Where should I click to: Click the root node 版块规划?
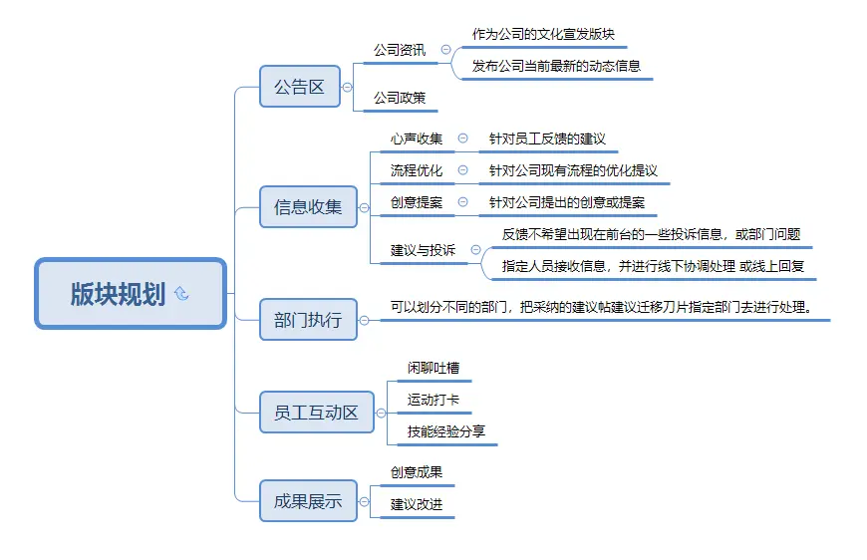pyautogui.click(x=118, y=294)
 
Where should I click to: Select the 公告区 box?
pyautogui.click(x=299, y=87)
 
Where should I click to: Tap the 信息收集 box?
pyautogui.click(x=308, y=207)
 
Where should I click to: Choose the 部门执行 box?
pyautogui.click(x=308, y=320)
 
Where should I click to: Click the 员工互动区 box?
pyautogui.click(x=315, y=412)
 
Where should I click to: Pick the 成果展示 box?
pyautogui.click(x=308, y=501)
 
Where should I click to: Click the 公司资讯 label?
pyautogui.click(x=400, y=49)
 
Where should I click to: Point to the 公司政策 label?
pyautogui.click(x=400, y=98)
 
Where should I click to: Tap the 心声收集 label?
pyautogui.click(x=417, y=139)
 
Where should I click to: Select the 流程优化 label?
pyautogui.click(x=417, y=170)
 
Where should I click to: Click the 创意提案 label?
pyautogui.click(x=417, y=202)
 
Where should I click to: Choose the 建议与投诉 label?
pyautogui.click(x=423, y=250)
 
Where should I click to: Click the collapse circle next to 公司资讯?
pyautogui.click(x=445, y=49)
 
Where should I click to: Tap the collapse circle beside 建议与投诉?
pyautogui.click(x=475, y=250)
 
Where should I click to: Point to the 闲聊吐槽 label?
pyautogui.click(x=433, y=368)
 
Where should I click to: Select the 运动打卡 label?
pyautogui.click(x=433, y=400)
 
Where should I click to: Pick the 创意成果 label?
pyautogui.click(x=417, y=472)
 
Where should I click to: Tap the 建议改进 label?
pyautogui.click(x=417, y=504)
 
